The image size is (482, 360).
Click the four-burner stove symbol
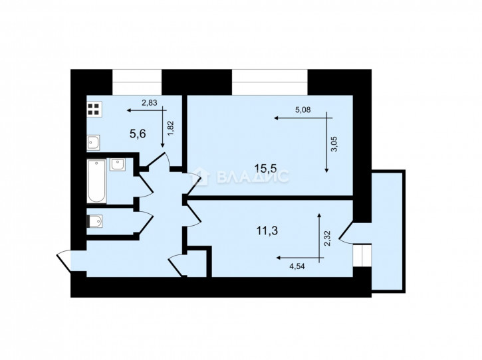[x=94, y=110]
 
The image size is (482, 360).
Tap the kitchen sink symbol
[x=94, y=143]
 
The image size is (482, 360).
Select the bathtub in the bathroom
[x=96, y=181]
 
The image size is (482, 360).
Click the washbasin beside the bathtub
[x=118, y=165]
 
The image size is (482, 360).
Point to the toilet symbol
[x=94, y=221]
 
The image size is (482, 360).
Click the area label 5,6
[x=138, y=134]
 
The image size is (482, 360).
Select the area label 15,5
[x=265, y=168]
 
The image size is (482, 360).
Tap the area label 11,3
[x=267, y=230]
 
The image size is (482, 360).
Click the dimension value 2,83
[x=149, y=103]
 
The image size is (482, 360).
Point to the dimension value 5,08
[x=302, y=110]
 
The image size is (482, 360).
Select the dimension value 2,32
[x=327, y=238]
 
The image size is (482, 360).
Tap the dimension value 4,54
[x=297, y=266]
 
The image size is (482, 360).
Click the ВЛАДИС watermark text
[x=253, y=176]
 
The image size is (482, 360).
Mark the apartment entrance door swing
[x=64, y=261]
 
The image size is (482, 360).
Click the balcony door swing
[x=346, y=232]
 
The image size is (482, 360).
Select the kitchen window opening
[x=137, y=82]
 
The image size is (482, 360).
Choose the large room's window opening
[x=270, y=82]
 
